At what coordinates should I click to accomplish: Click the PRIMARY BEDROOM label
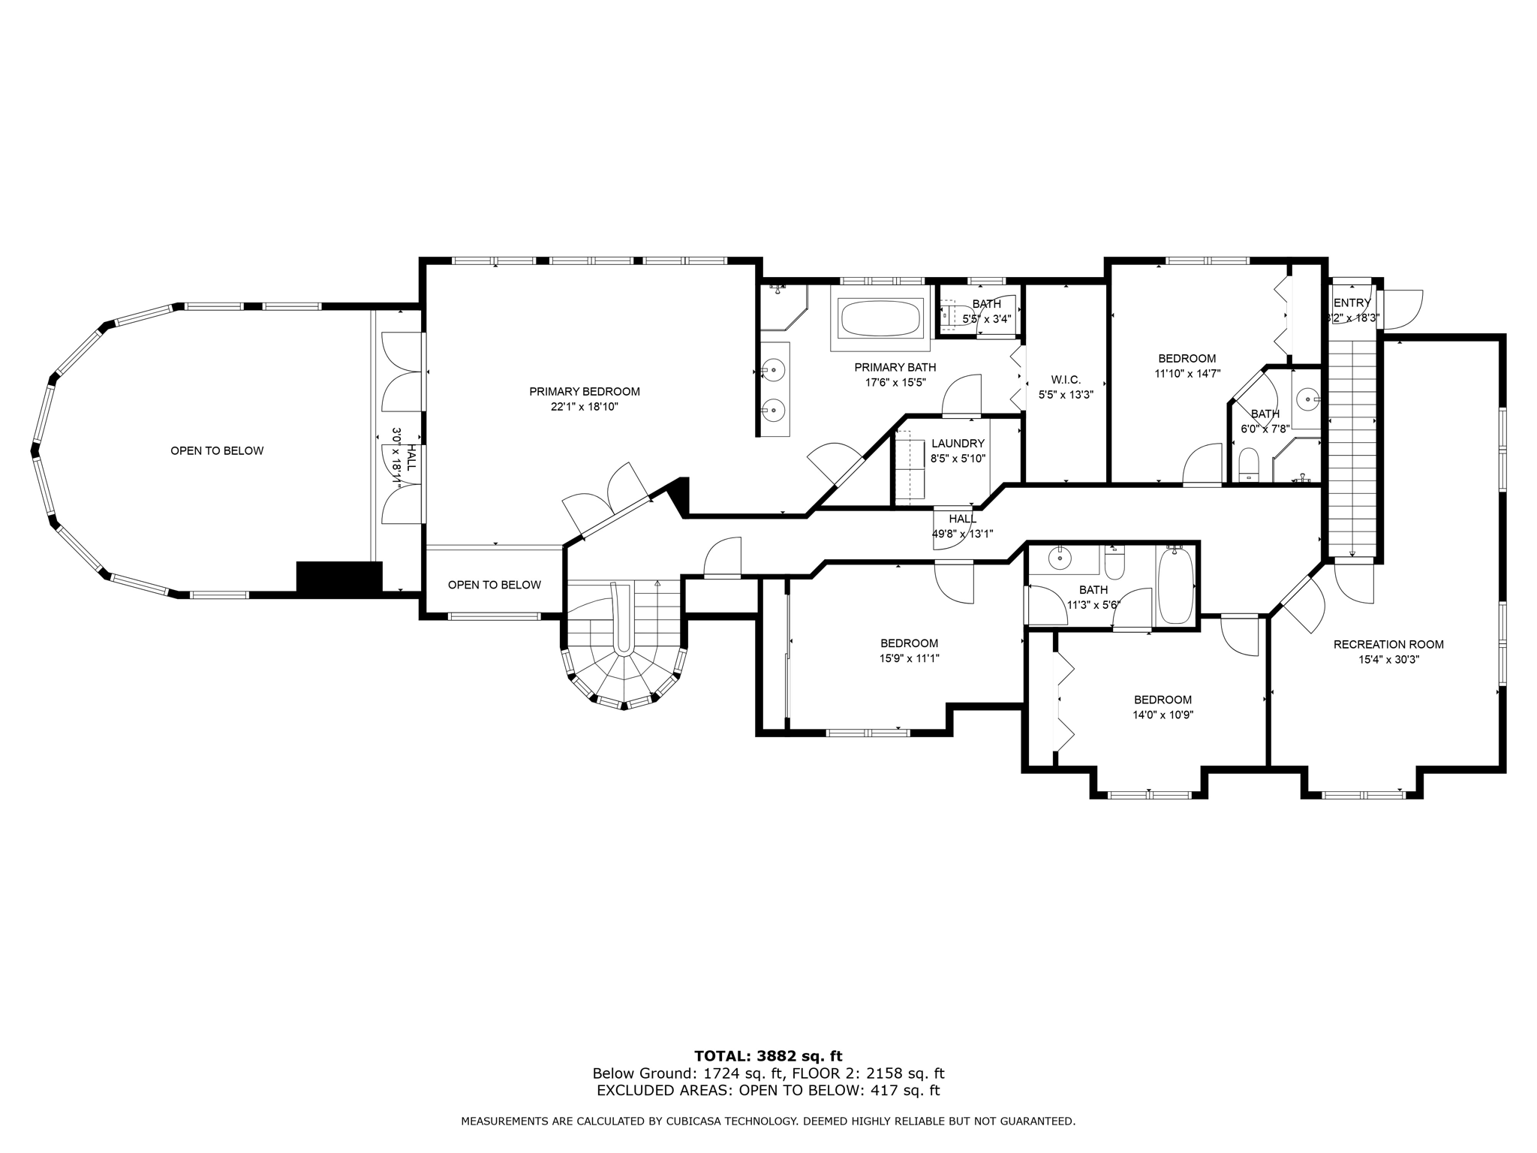(584, 391)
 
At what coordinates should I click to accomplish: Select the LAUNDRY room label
(958, 444)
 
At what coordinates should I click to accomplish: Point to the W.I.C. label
(1066, 380)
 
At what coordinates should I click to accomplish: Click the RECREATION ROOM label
(1388, 644)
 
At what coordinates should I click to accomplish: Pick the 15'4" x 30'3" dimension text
(1388, 660)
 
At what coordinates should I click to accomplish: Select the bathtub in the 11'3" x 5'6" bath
(1175, 586)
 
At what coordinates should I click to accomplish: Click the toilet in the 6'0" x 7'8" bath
(1248, 464)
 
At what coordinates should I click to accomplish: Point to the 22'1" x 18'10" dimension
(584, 407)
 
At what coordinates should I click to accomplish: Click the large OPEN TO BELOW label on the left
(217, 450)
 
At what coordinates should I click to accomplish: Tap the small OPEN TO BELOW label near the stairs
(494, 585)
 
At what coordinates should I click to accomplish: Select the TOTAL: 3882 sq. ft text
(768, 1056)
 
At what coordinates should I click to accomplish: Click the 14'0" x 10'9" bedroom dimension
(1163, 715)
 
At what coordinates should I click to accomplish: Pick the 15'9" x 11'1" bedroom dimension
(909, 658)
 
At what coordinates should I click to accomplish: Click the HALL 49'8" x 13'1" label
(962, 526)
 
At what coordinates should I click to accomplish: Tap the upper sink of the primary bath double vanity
(773, 369)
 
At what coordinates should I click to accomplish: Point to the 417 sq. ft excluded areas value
(905, 1091)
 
